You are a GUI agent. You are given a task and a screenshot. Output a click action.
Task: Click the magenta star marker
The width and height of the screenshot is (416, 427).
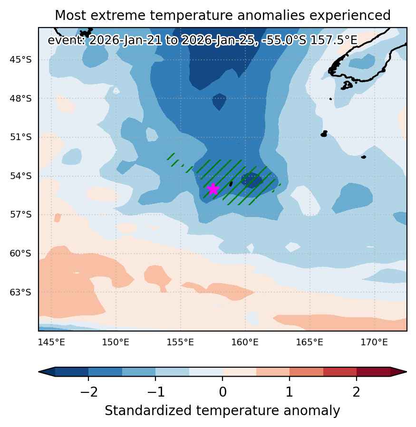pos(213,189)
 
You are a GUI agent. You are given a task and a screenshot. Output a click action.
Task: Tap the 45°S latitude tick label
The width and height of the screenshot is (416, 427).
pos(21,60)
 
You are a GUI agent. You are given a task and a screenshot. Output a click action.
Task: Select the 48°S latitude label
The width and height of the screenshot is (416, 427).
pos(21,98)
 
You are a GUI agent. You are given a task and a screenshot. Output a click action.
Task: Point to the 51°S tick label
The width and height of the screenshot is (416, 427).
pos(21,137)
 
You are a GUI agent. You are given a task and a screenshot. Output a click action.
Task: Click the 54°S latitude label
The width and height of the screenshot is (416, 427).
pos(21,176)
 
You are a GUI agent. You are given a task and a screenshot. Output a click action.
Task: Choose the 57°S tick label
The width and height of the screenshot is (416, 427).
pos(21,215)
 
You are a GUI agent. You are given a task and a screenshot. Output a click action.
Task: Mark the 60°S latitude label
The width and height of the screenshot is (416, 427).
pos(21,254)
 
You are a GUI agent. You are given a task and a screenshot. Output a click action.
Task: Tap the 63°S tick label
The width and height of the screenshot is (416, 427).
pos(21,293)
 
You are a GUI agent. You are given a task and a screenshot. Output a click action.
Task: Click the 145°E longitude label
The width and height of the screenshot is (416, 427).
pos(51,342)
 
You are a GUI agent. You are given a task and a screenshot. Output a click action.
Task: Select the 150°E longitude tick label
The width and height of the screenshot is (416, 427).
pos(116,342)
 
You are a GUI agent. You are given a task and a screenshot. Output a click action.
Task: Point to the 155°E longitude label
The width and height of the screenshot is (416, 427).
pos(180,342)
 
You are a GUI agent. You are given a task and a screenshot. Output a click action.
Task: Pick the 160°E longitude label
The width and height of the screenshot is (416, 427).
pos(245,342)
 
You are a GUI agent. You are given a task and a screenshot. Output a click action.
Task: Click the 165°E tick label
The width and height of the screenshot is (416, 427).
pos(310,342)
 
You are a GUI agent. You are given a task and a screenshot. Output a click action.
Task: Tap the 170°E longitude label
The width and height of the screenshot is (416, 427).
pos(374,342)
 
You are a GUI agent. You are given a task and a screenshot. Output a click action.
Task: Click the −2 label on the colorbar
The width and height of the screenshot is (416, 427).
pos(89,392)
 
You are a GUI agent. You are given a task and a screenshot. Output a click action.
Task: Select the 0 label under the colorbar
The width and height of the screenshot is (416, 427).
pos(223,392)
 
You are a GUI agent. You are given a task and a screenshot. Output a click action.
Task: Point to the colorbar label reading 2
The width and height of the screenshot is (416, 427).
pos(356,392)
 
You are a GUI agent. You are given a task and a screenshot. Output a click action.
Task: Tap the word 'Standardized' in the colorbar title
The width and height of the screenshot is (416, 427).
pos(148,410)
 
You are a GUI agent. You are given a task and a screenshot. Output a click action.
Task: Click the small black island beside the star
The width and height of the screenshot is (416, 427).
pos(231,184)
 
